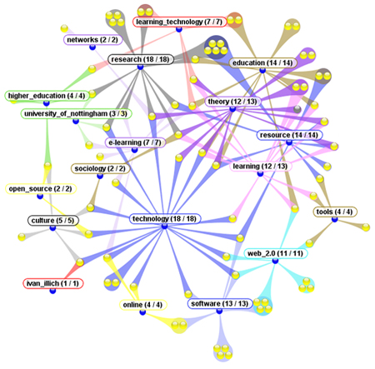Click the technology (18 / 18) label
click(x=165, y=219)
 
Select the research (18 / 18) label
click(x=141, y=59)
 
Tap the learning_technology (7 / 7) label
click(x=179, y=22)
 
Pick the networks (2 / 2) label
click(x=92, y=40)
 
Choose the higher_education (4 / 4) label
click(x=47, y=96)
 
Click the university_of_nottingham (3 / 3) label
click(x=76, y=114)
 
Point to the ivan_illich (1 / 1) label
click(x=52, y=283)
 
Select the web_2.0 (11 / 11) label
click(x=276, y=253)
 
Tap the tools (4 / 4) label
click(x=335, y=212)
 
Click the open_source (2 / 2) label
click(x=41, y=189)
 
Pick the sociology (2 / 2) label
click(x=100, y=168)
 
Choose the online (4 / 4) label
click(x=143, y=305)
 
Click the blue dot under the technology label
click(x=164, y=227)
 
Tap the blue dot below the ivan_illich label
click(x=52, y=291)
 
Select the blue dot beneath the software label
click(x=219, y=311)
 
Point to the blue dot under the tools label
click(x=334, y=219)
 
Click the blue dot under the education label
click(x=262, y=71)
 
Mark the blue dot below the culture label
click(x=52, y=228)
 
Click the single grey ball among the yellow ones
click(x=297, y=109)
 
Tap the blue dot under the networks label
click(x=92, y=47)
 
